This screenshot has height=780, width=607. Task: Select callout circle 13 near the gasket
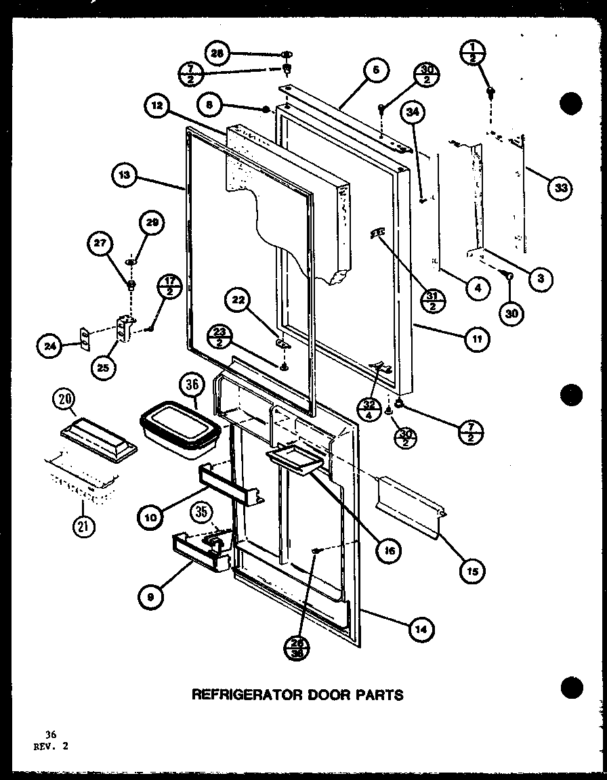[x=124, y=177]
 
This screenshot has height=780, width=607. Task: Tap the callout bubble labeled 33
[x=559, y=188]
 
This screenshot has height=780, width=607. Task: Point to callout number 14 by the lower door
[x=421, y=630]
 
